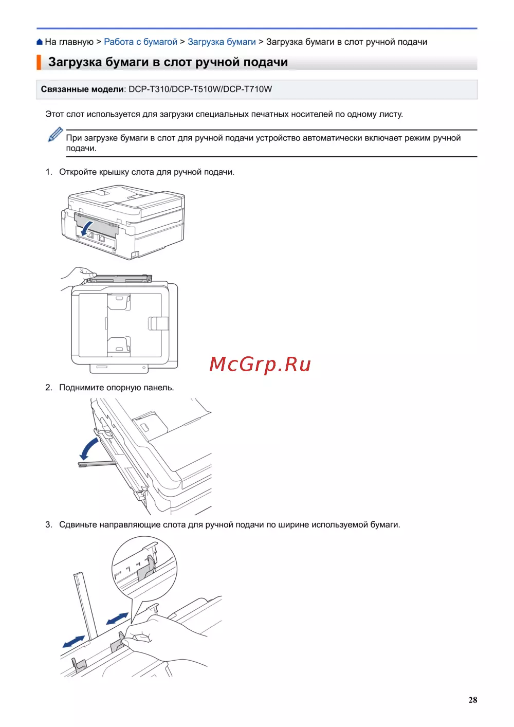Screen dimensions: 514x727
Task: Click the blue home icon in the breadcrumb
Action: [x=40, y=42]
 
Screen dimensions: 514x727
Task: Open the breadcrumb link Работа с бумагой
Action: [x=140, y=42]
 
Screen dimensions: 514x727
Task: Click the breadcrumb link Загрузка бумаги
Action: [x=222, y=42]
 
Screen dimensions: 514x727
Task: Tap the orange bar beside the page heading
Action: [x=39, y=62]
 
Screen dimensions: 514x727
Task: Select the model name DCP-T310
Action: [x=149, y=89]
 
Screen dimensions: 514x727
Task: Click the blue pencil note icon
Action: [x=55, y=134]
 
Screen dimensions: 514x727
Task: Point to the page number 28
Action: [x=473, y=700]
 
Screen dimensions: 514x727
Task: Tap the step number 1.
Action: [x=49, y=172]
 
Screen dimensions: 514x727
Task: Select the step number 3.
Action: [x=49, y=525]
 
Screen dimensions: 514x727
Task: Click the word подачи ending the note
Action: [x=81, y=148]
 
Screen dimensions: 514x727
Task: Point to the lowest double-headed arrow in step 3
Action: [x=74, y=642]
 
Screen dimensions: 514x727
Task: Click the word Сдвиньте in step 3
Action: [x=78, y=525]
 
